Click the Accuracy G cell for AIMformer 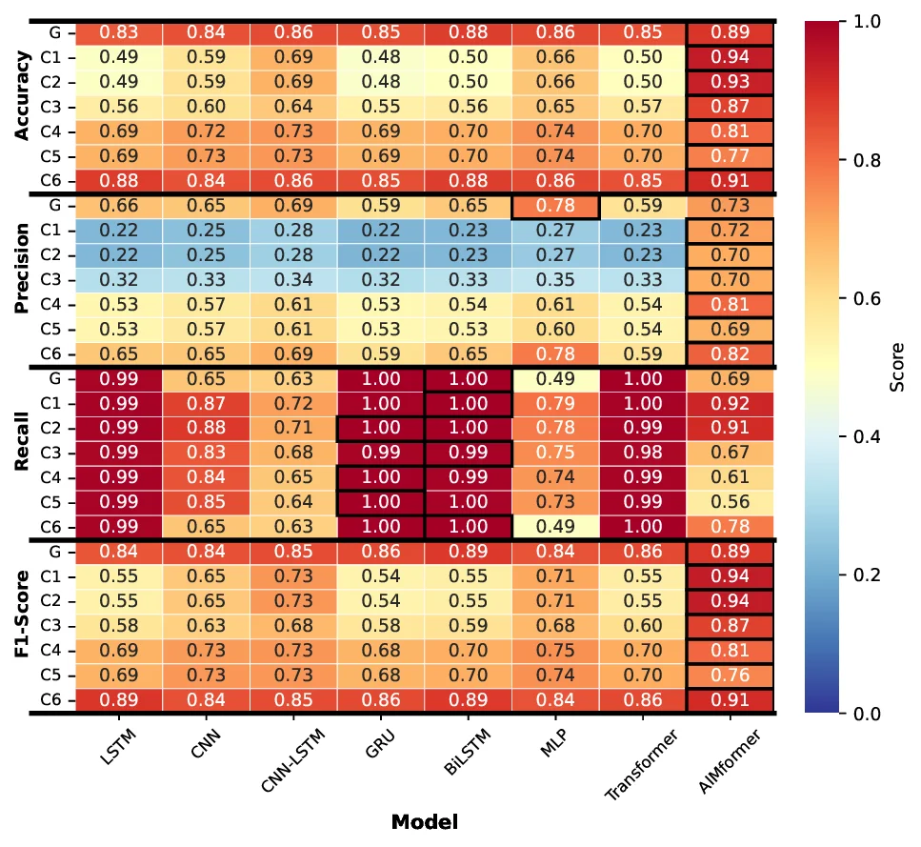coord(730,32)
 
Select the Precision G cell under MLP coord(554,206)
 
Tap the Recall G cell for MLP coord(554,379)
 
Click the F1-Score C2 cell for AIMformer coord(730,601)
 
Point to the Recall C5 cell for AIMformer coord(730,502)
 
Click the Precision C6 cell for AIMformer coord(730,354)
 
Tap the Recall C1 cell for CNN coord(206,404)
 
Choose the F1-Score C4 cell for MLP coord(554,651)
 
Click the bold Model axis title coord(424,821)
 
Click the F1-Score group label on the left coord(23,626)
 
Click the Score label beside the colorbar coord(897,367)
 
